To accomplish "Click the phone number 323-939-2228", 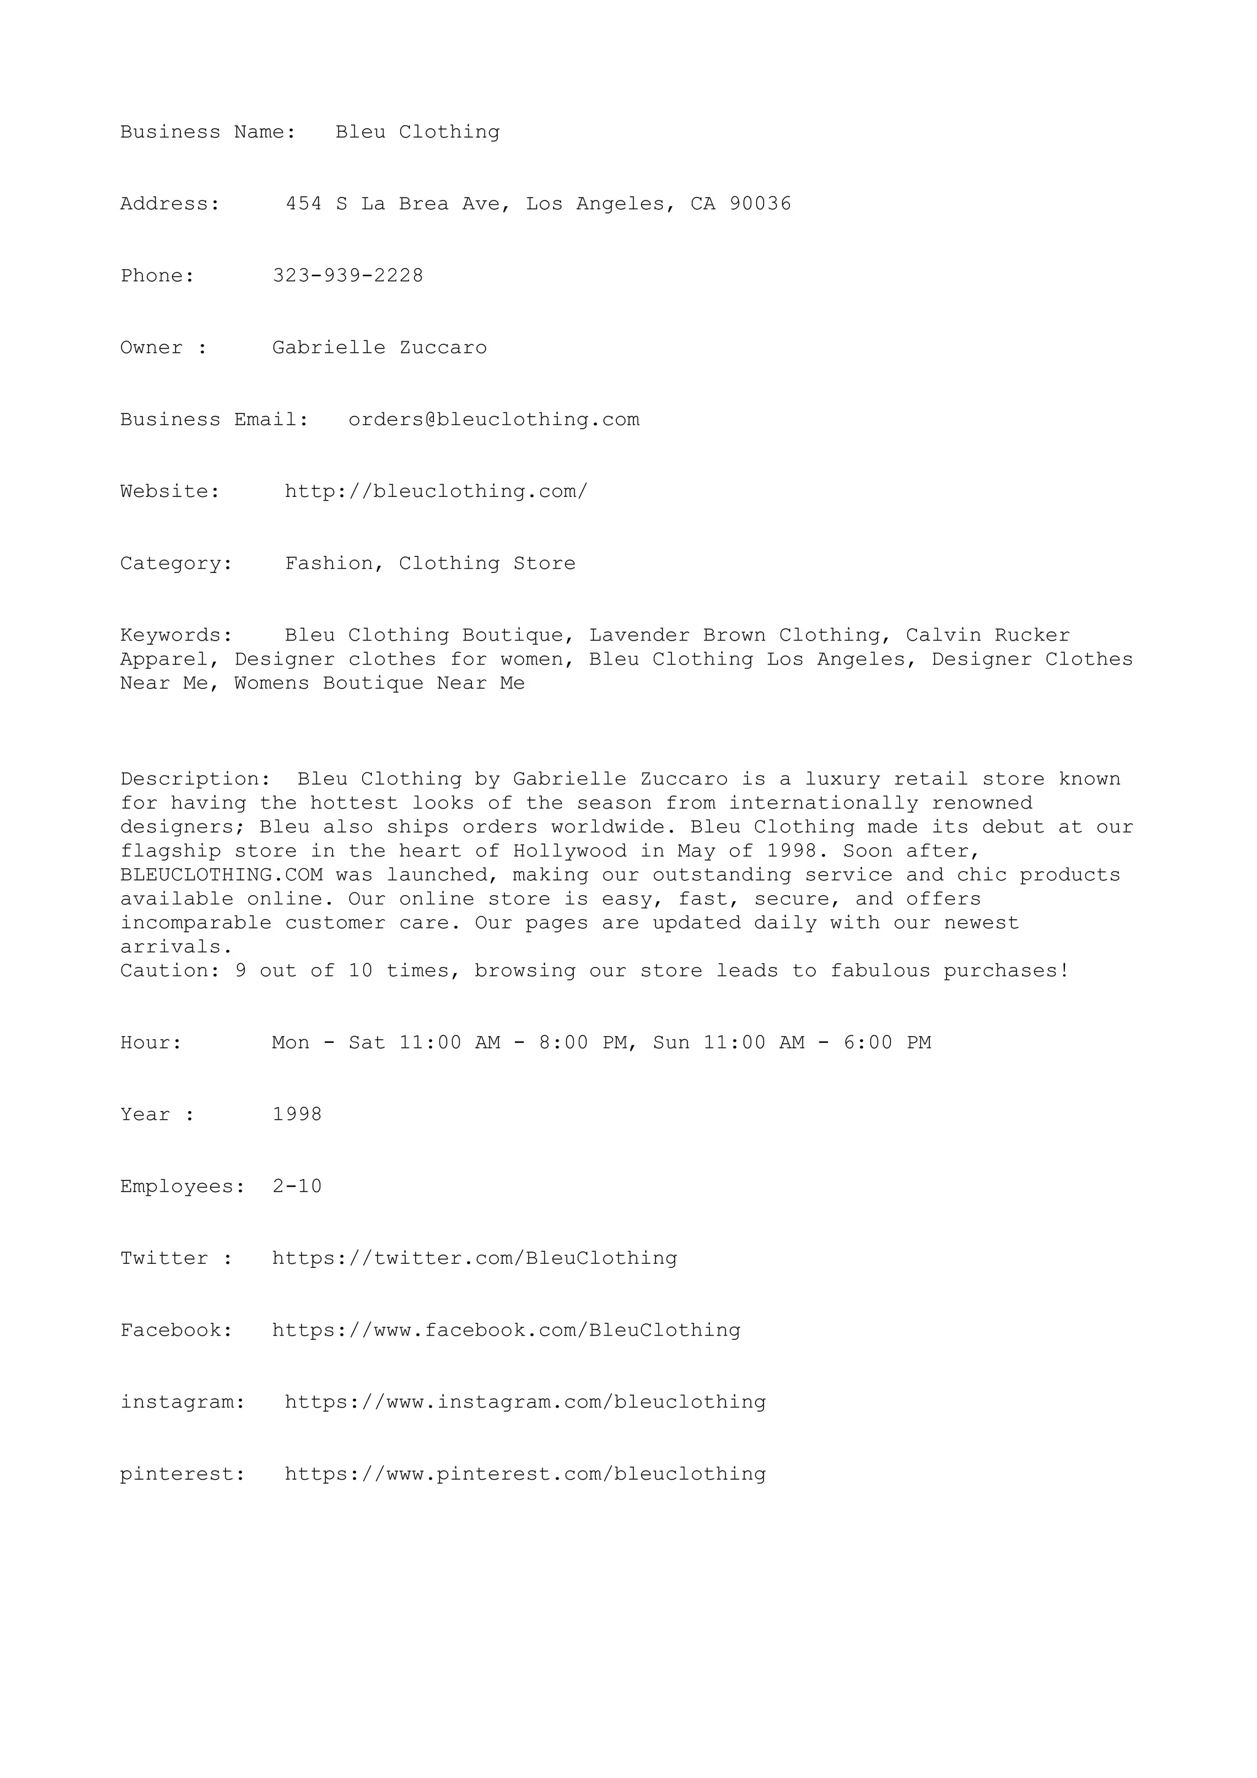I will (x=348, y=275).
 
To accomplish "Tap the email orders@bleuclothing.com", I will (x=493, y=420).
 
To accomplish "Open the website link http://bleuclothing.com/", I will (x=436, y=491).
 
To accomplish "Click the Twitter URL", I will (x=474, y=1258).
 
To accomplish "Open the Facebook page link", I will (x=506, y=1330).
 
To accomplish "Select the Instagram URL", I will (x=525, y=1403).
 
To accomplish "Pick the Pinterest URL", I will (x=525, y=1474).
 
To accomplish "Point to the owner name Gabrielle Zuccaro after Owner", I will (x=379, y=348).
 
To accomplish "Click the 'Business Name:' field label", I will (x=208, y=133).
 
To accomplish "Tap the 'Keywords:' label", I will (x=177, y=636).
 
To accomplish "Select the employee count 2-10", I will (x=296, y=1187).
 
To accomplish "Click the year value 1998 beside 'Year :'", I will (x=296, y=1114).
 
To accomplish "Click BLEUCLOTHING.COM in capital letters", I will (x=222, y=875).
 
